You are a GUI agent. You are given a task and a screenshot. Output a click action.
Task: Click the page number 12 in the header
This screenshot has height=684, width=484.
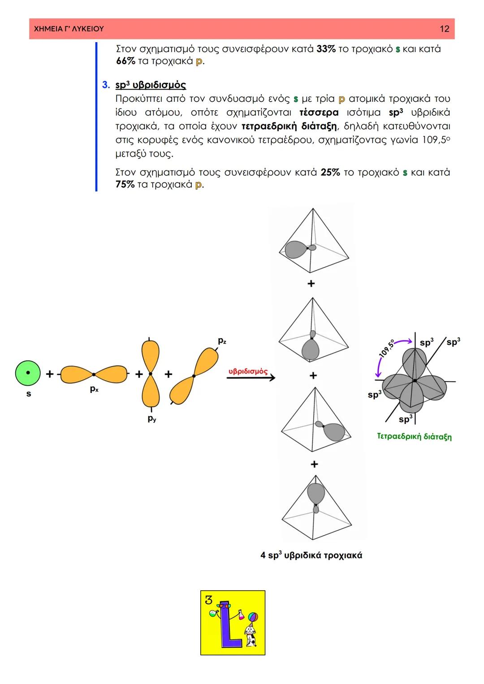click(444, 29)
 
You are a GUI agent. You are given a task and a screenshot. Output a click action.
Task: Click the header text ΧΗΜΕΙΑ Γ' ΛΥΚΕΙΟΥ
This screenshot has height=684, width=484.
click(69, 29)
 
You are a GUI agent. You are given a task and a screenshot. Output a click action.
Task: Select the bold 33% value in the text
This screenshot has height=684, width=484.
click(326, 49)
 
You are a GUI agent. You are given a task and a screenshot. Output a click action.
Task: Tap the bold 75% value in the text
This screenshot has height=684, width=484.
click(125, 184)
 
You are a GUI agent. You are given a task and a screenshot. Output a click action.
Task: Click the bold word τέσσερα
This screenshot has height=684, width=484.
click(319, 112)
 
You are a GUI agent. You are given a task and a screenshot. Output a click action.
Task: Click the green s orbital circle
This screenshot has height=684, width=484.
click(28, 373)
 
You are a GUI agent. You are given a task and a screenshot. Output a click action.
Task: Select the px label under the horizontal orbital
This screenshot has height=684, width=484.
click(94, 389)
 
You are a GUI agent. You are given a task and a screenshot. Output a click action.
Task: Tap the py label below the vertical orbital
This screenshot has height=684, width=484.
click(152, 419)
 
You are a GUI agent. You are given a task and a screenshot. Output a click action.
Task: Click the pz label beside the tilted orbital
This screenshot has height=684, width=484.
click(222, 341)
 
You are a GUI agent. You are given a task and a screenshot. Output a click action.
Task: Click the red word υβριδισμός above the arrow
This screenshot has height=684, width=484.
click(248, 371)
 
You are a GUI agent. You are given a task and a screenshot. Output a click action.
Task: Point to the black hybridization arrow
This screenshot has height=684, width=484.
click(251, 378)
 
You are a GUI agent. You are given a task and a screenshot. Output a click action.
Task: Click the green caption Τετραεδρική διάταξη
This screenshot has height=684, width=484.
click(414, 436)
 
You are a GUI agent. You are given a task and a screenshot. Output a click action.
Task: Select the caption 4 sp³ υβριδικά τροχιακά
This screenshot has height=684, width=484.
click(311, 555)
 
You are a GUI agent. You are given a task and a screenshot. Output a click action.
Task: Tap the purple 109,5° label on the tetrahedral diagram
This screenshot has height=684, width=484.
click(386, 349)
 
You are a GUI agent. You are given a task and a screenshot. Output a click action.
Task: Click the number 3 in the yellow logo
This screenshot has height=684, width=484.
click(209, 600)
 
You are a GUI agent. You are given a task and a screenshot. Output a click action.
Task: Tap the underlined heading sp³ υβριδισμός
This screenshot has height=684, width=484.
click(151, 85)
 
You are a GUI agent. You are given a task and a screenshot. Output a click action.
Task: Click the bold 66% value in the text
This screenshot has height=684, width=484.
click(125, 61)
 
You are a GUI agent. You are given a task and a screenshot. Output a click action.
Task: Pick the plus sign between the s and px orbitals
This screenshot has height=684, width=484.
click(50, 374)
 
